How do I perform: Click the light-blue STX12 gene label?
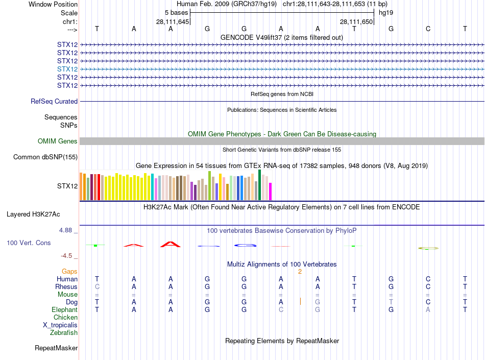[x=67, y=69]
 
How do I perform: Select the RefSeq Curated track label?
[x=54, y=102]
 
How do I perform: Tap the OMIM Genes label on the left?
[x=58, y=141]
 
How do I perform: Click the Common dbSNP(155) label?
[x=45, y=157]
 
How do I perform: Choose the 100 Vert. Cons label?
[x=29, y=243]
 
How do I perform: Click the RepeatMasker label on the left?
[x=56, y=348]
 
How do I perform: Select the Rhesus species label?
[x=66, y=287]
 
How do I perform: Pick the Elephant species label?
[x=65, y=310]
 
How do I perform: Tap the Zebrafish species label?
[x=64, y=333]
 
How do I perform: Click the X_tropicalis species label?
[x=60, y=325]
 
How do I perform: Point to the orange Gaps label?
[x=69, y=272]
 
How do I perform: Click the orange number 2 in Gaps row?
[x=300, y=272]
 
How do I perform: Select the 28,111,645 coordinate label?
[x=173, y=22]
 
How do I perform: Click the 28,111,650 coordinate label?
[x=356, y=22]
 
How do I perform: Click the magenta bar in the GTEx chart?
[x=270, y=191]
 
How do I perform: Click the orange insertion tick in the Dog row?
[x=300, y=302]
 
